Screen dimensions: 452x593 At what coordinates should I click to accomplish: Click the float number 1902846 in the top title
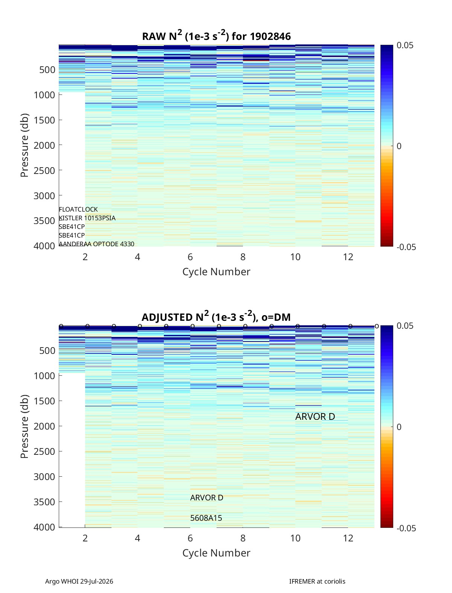[x=270, y=37]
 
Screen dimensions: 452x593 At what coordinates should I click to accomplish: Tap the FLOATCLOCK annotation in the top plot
[x=78, y=209]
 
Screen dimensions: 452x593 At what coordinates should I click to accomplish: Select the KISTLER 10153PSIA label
[x=87, y=218]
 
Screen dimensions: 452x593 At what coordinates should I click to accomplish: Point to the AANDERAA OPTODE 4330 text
[x=97, y=244]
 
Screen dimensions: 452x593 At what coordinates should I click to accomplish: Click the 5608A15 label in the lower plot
[x=206, y=518]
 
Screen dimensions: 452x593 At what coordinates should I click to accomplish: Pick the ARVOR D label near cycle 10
[x=315, y=416]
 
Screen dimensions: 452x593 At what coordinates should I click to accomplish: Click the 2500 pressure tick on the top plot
[x=44, y=171]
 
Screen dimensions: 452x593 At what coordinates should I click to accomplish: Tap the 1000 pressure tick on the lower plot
[x=44, y=376]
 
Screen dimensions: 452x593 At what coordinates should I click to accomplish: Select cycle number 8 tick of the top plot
[x=243, y=257]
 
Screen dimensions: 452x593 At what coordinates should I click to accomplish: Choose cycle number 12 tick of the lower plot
[x=348, y=538]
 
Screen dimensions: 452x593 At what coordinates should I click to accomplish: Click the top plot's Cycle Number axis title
[x=217, y=271]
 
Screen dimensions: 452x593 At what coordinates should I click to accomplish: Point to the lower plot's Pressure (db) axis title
[x=24, y=426]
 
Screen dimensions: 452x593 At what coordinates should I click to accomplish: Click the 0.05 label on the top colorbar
[x=405, y=45]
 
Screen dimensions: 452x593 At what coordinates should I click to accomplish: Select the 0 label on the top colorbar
[x=399, y=146]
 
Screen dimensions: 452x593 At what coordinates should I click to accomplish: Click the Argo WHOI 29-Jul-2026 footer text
[x=79, y=581]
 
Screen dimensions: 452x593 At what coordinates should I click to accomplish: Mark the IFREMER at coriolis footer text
[x=317, y=581]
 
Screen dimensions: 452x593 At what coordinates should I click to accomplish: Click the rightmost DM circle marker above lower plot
[x=377, y=326]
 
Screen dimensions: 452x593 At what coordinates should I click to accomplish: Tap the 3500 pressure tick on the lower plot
[x=44, y=502]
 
